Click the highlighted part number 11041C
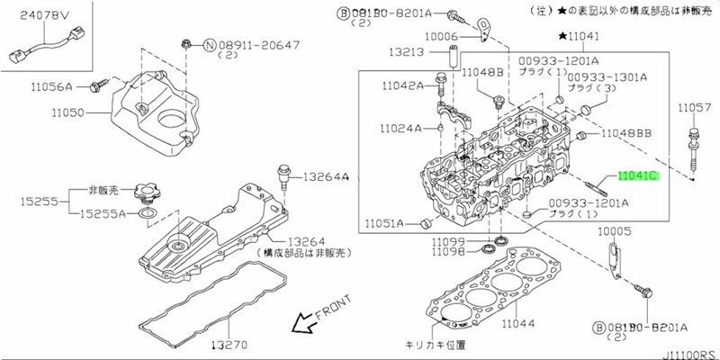point(637,176)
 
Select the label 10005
point(616,231)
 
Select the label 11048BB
point(627,133)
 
